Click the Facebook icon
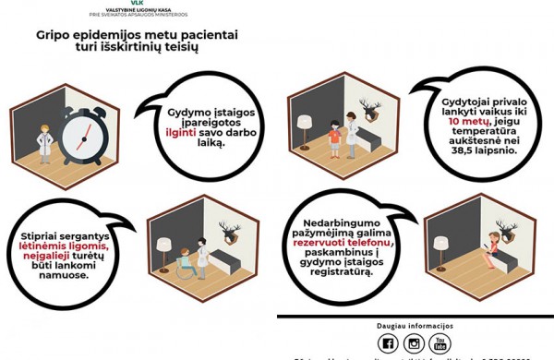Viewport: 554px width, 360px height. pos(388,343)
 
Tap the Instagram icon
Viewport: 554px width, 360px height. pos(414,343)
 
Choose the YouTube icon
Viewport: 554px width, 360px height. pos(441,343)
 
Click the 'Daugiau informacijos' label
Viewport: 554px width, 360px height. pos(415,326)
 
